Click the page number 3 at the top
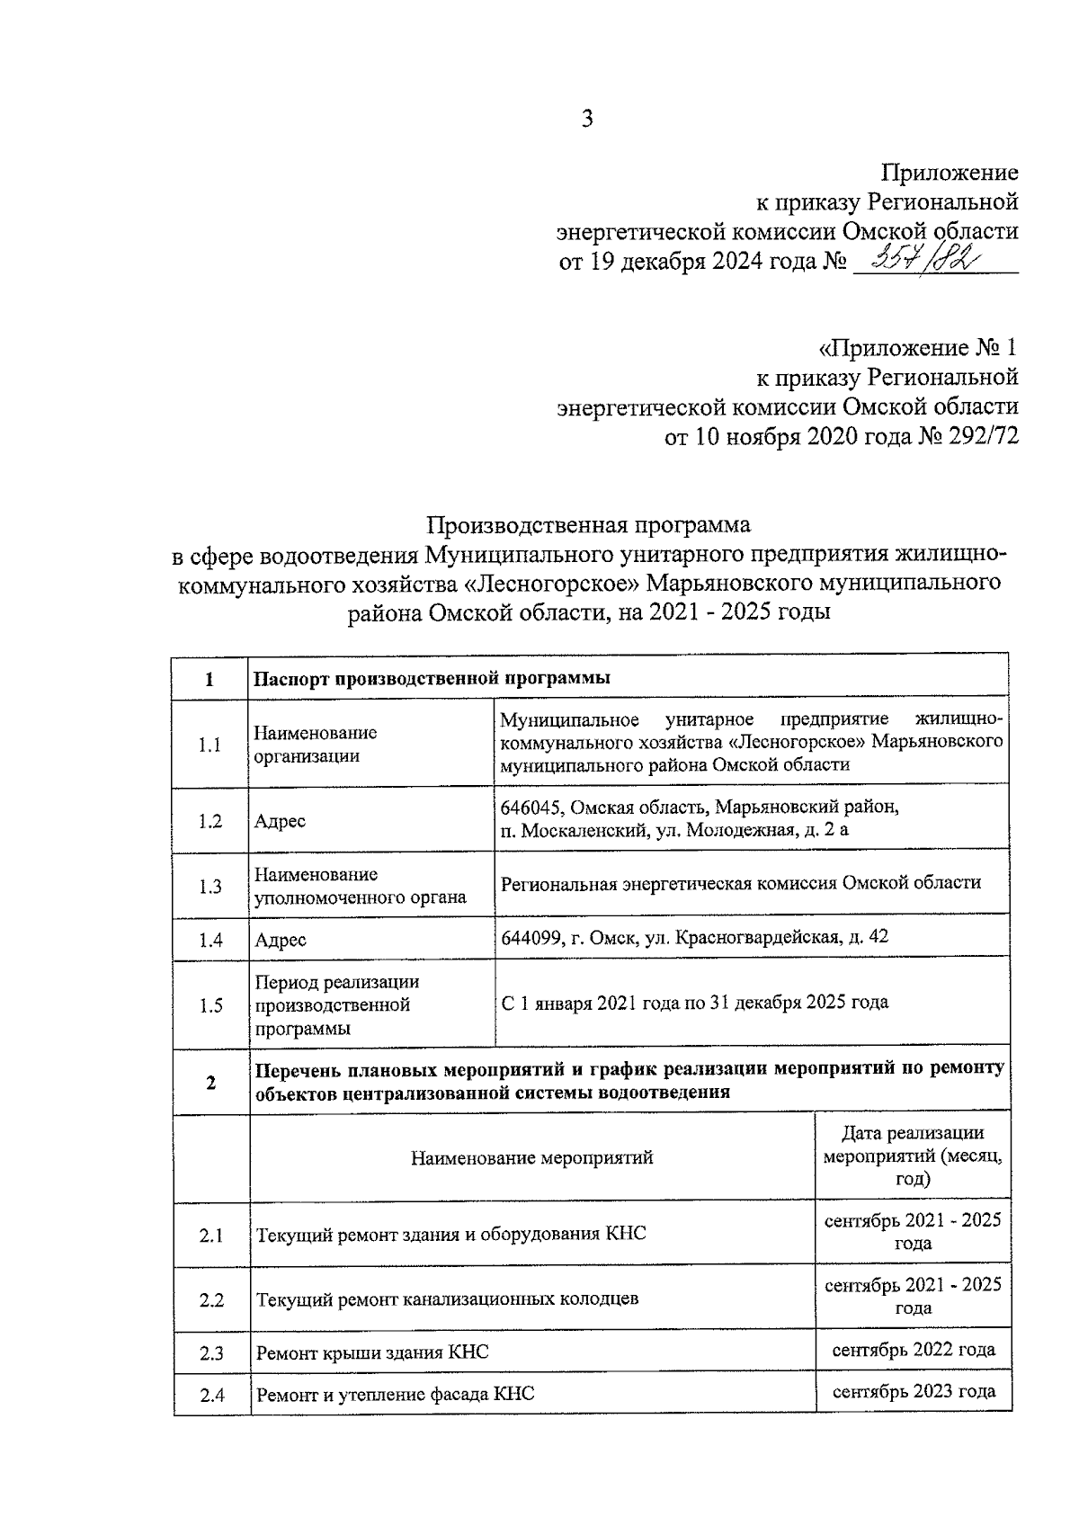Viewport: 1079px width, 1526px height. (586, 119)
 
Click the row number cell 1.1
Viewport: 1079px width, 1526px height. (210, 745)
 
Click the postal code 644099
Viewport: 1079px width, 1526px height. (531, 938)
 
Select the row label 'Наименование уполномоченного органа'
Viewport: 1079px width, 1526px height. (360, 886)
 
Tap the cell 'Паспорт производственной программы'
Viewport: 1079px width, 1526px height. (432, 678)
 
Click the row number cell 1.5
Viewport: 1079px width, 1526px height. (210, 1005)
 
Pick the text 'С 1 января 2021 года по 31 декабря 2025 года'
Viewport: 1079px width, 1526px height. (694, 1002)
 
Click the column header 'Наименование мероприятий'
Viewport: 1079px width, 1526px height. (531, 1157)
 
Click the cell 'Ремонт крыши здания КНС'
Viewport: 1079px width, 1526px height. (372, 1352)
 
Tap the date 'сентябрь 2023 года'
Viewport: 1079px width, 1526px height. (913, 1392)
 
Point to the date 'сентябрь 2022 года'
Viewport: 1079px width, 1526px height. (913, 1350)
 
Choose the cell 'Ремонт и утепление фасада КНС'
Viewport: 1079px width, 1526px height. (396, 1395)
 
